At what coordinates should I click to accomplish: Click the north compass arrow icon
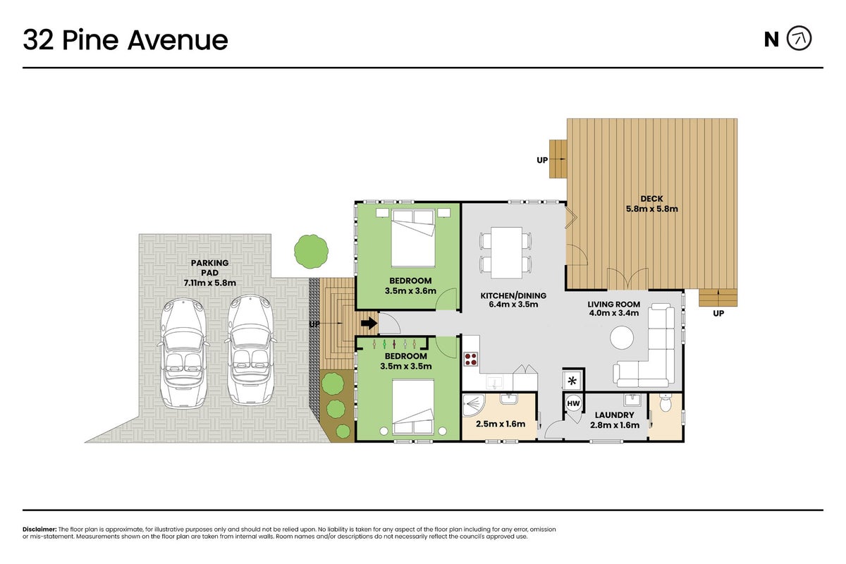[x=799, y=39]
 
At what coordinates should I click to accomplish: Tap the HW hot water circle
[x=573, y=403]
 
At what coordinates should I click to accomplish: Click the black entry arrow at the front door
[x=369, y=324]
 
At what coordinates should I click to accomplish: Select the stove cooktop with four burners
[x=471, y=359]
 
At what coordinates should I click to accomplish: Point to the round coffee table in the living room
[x=622, y=337]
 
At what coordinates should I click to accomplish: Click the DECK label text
[x=651, y=199]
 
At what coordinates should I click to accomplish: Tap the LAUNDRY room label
[x=614, y=415]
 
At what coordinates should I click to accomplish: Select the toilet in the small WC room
[x=665, y=403]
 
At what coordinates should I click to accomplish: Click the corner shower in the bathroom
[x=474, y=405]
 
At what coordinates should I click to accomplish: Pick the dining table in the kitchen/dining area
[x=506, y=252]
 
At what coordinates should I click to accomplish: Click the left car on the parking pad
[x=183, y=354]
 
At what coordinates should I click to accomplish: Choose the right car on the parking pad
[x=250, y=350]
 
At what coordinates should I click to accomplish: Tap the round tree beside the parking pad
[x=311, y=252]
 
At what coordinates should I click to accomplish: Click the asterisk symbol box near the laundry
[x=572, y=381]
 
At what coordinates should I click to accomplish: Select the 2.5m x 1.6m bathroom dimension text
[x=501, y=424]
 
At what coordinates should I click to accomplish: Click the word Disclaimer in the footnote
[x=39, y=529]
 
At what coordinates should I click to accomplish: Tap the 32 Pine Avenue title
[x=125, y=40]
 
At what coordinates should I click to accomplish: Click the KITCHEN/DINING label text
[x=513, y=295]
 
